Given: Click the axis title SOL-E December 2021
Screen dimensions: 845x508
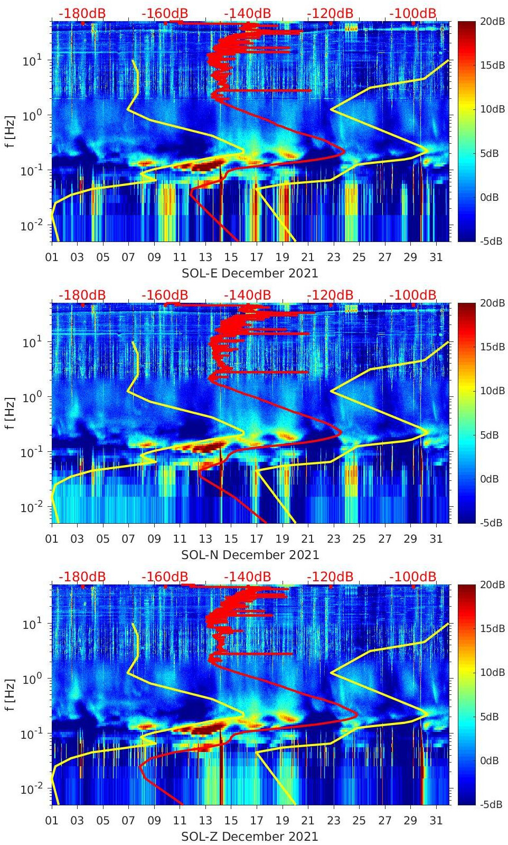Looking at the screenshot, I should (x=250, y=273).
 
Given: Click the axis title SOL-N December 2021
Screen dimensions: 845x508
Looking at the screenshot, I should (x=250, y=555).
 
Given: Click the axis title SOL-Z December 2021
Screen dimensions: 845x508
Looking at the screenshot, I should (x=250, y=837).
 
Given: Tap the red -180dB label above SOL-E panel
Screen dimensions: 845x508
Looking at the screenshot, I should (x=82, y=13).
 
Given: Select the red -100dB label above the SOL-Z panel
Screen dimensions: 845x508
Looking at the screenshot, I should (x=413, y=577).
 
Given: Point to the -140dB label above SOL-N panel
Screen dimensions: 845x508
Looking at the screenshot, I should (x=247, y=295).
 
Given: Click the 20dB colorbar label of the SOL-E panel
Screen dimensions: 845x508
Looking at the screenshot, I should (x=491, y=21).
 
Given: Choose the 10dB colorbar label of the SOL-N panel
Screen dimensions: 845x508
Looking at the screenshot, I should (x=491, y=391).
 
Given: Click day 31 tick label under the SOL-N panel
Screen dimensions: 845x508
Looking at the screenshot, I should (x=436, y=539).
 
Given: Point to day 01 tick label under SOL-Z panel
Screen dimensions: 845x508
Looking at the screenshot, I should (x=52, y=821).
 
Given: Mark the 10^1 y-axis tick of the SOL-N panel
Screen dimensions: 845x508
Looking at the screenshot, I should (x=32, y=342).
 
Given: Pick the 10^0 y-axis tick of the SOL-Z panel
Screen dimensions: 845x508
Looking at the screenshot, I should (x=32, y=679).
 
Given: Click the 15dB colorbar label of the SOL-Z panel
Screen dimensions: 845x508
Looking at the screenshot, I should (x=491, y=628).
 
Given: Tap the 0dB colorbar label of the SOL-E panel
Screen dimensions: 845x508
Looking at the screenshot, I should (x=491, y=197).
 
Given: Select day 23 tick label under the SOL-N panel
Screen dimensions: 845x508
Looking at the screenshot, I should (x=333, y=539).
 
